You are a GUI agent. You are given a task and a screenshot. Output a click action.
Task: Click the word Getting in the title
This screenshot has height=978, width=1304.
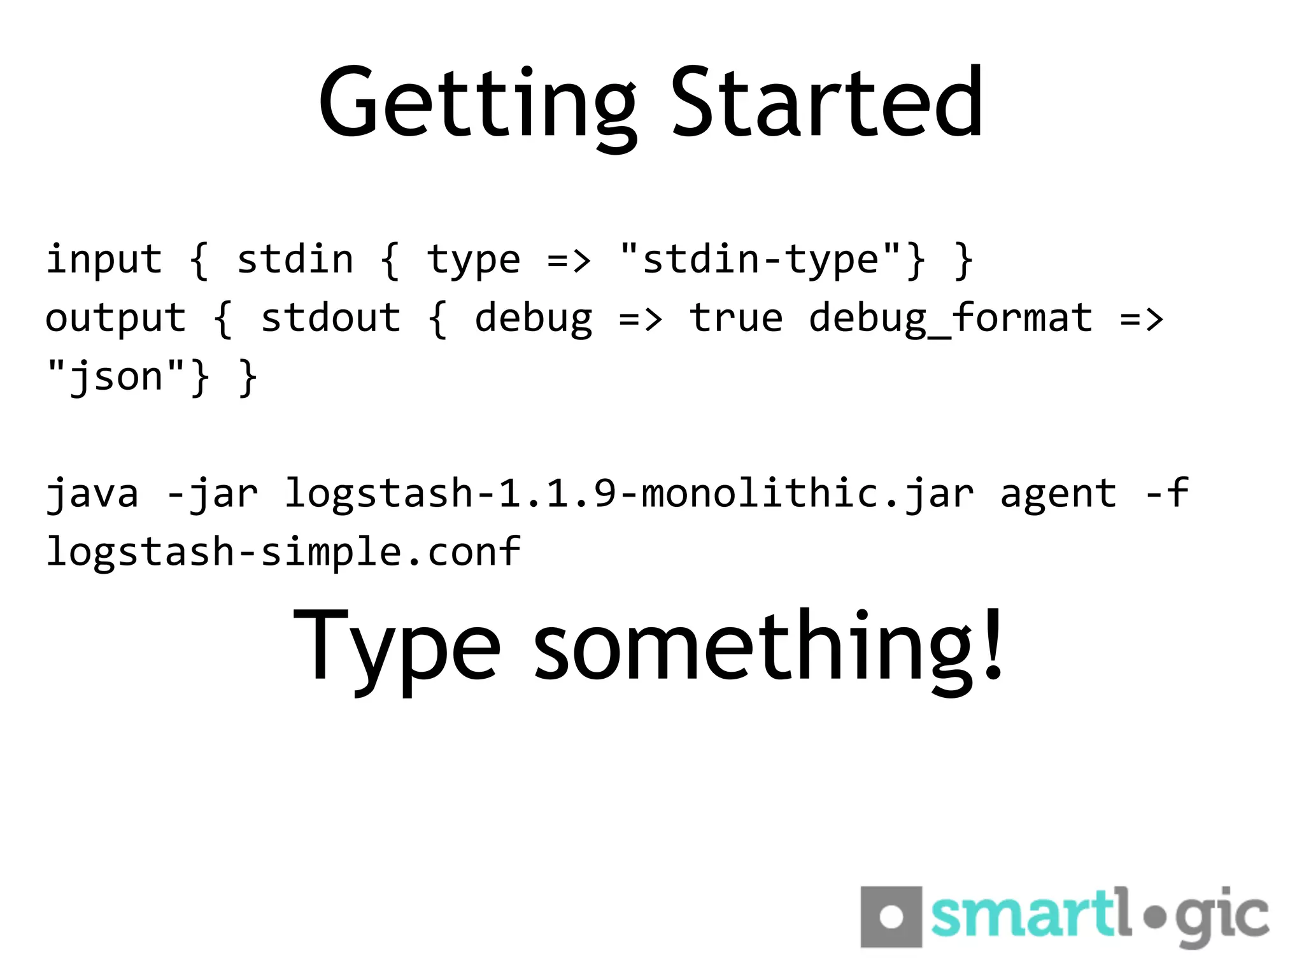pos(478,105)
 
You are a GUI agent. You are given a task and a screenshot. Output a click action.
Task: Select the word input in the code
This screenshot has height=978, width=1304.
pos(104,260)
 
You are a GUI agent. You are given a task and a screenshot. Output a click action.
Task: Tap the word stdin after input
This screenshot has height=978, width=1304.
pos(295,260)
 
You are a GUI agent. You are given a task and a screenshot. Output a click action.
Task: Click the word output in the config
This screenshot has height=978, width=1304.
pos(116,318)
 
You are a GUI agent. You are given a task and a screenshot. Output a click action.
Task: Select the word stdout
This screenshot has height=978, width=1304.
pos(330,318)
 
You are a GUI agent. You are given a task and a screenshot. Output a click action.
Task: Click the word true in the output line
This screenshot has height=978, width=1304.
pos(735,318)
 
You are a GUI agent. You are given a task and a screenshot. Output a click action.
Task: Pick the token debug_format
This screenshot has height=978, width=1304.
pos(950,318)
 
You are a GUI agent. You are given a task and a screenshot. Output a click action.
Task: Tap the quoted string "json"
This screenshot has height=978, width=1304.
pos(116,377)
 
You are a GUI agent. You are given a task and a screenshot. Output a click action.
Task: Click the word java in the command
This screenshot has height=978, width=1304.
pos(92,494)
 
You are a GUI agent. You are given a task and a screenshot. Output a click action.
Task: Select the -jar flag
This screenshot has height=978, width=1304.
pos(212,494)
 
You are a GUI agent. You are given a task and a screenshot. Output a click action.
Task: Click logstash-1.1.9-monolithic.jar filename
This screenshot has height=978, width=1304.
pos(629,494)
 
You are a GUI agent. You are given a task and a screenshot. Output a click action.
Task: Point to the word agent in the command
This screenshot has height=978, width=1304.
pos(1058,494)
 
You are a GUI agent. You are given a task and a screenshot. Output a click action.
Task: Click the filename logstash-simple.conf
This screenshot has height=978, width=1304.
pos(283,552)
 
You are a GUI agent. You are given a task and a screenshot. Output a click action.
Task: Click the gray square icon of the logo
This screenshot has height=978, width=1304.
pos(891,917)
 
